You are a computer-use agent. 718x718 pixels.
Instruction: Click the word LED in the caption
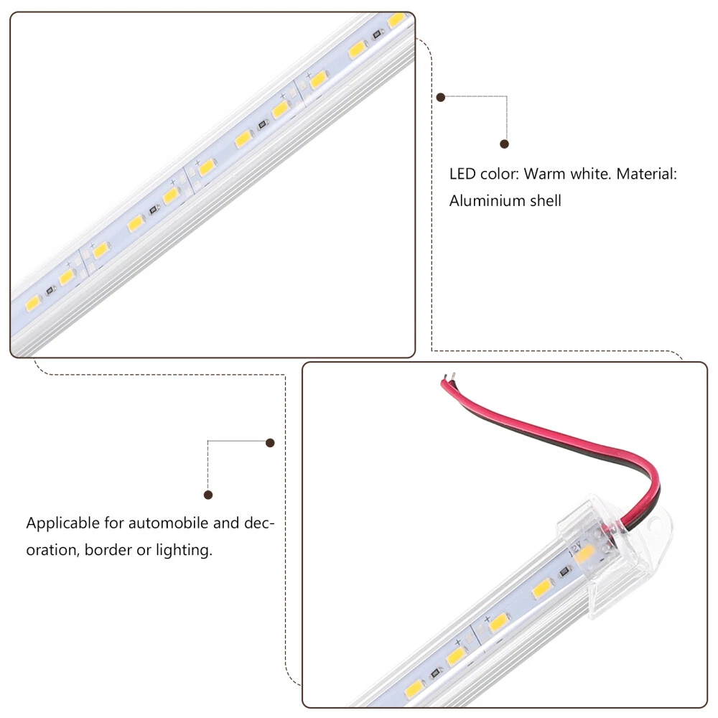click(462, 174)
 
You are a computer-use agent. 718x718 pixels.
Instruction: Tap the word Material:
click(647, 174)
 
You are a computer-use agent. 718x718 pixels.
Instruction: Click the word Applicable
click(62, 523)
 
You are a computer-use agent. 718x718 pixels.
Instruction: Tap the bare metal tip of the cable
click(450, 377)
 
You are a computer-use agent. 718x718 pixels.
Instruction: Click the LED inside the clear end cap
click(586, 556)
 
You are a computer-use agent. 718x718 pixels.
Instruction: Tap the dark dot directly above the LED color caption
click(504, 144)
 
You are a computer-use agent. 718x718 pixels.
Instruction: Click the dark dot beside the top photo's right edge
click(441, 97)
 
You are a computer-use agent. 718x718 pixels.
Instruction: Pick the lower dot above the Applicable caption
click(208, 495)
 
